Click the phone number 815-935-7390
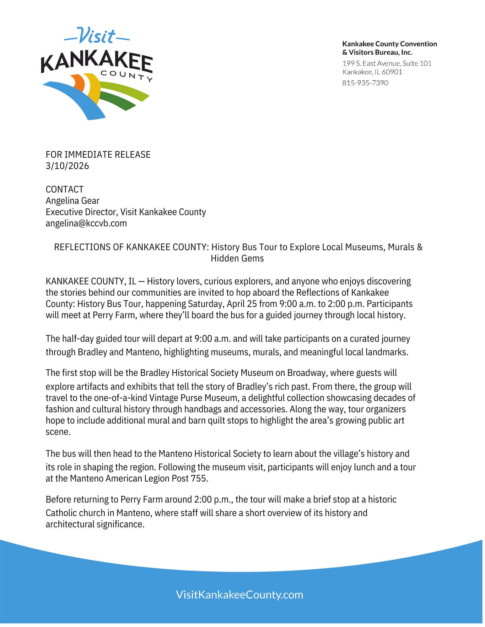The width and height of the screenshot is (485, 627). [365, 83]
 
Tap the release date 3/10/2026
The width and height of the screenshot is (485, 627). [67, 166]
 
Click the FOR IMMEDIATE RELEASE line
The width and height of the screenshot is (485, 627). [98, 155]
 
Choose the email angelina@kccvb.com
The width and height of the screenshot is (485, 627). [86, 223]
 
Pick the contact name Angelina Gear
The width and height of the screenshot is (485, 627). [73, 201]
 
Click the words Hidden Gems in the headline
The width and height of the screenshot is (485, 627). [237, 259]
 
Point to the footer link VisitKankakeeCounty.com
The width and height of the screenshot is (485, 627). [240, 595]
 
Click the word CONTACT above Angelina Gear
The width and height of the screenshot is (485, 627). [64, 189]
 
